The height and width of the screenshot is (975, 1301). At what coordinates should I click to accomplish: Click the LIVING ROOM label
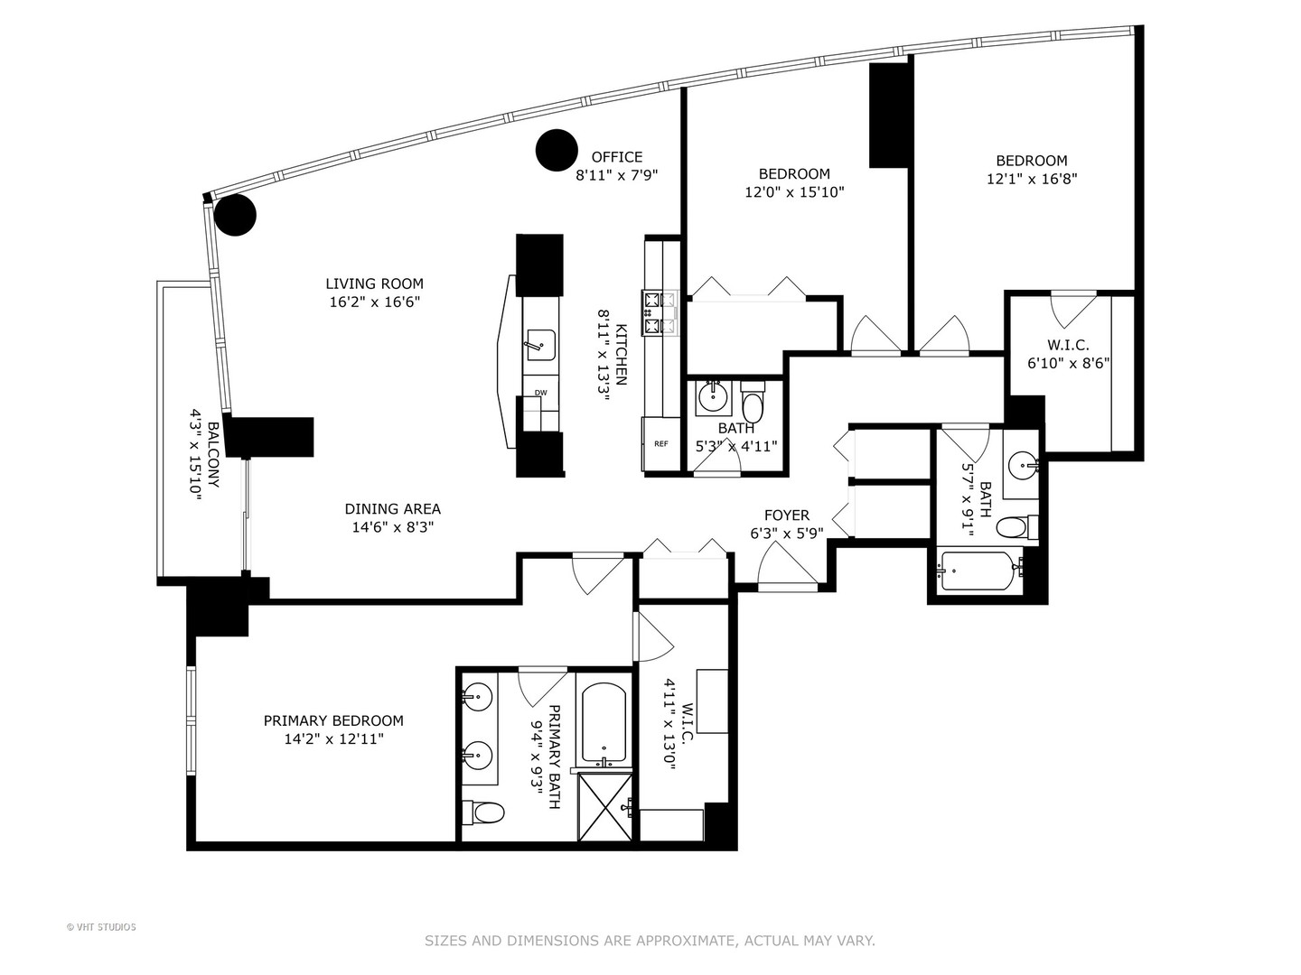(x=374, y=283)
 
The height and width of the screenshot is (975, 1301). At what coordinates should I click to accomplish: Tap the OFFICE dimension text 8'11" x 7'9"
(x=616, y=175)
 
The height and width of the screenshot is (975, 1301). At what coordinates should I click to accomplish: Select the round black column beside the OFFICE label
(x=557, y=151)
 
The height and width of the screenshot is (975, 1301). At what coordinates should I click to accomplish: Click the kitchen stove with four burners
(x=660, y=312)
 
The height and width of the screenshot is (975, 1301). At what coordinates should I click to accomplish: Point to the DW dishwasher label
(x=540, y=393)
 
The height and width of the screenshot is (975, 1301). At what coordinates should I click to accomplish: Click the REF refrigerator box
(x=660, y=444)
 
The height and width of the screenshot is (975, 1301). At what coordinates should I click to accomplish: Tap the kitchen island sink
(x=540, y=344)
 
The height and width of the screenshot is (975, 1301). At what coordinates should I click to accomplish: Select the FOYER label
(x=786, y=515)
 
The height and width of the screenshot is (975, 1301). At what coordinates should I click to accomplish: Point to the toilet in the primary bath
(x=484, y=813)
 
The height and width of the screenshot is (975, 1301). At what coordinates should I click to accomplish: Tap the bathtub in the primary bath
(x=604, y=723)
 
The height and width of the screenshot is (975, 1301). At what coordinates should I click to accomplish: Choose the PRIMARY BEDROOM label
(x=333, y=720)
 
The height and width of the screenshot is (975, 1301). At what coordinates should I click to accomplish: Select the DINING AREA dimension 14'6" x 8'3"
(x=393, y=528)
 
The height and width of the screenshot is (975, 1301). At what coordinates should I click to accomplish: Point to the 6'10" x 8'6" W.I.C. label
(x=1068, y=345)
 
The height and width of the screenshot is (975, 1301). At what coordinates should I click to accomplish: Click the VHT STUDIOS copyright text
(x=101, y=927)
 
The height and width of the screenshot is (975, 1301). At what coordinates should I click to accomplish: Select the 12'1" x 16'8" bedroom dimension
(x=1032, y=179)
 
